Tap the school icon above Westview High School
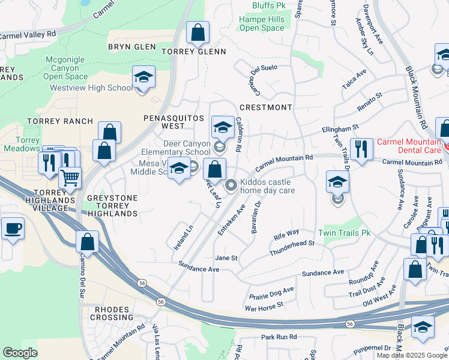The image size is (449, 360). [x=143, y=77]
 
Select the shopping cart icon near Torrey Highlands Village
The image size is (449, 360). [x=70, y=178]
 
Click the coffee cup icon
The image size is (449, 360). [x=13, y=228]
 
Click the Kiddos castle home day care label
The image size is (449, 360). [x=267, y=186]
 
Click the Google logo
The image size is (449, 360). [x=20, y=353]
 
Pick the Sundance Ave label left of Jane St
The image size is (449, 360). [x=199, y=269]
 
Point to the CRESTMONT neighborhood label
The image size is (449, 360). [x=265, y=107]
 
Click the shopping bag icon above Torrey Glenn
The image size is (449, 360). [x=197, y=33]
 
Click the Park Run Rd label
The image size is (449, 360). [x=279, y=337]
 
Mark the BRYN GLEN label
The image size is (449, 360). [x=131, y=47]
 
